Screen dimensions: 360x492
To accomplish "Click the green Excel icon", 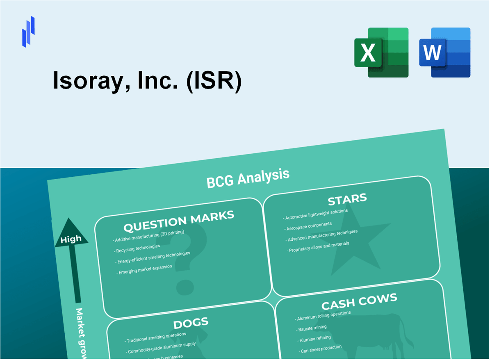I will (x=381, y=52).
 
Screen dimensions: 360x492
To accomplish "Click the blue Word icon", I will (x=444, y=52).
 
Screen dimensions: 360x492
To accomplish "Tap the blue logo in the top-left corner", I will (x=28, y=32).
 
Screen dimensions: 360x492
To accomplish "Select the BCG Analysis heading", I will (x=248, y=178).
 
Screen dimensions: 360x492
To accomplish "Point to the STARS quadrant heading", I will (x=347, y=200).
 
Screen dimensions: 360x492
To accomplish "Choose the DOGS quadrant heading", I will (x=191, y=323).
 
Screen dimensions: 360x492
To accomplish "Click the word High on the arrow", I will (x=71, y=239).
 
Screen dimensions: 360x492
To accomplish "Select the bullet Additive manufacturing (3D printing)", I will (x=150, y=236).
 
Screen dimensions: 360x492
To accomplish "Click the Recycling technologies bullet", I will (x=138, y=248).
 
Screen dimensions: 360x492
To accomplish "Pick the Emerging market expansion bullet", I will (x=145, y=269).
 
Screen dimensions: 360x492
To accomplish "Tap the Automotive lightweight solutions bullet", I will (x=316, y=214).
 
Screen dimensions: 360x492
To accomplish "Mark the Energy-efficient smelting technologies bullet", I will (x=153, y=257).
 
